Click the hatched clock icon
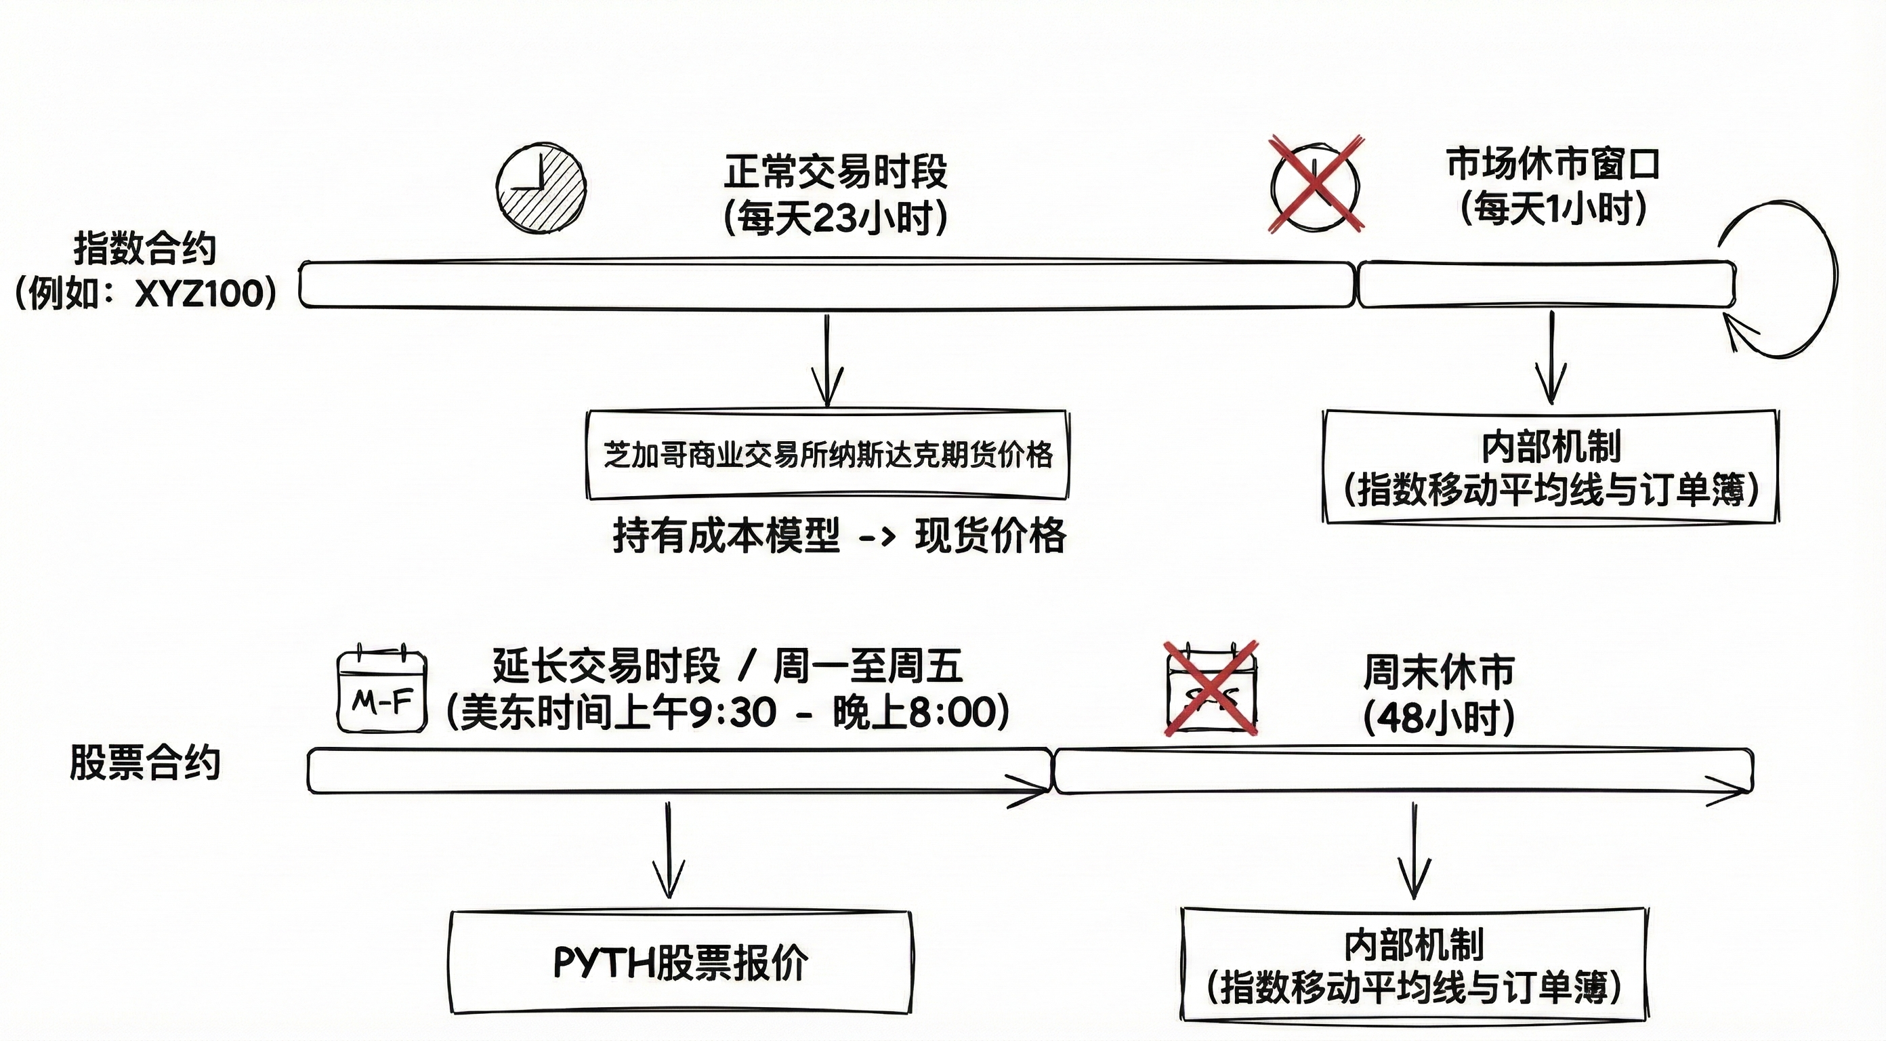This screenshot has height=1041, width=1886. pyautogui.click(x=541, y=188)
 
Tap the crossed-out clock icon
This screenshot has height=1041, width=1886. pyautogui.click(x=1315, y=184)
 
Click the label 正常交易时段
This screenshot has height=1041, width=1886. pyautogui.click(x=835, y=171)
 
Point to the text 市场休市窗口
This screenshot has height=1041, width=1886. pyautogui.click(x=1552, y=164)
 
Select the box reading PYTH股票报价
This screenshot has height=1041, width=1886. pyautogui.click(x=680, y=962)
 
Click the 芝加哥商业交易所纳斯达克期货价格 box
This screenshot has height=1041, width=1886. pyautogui.click(x=827, y=455)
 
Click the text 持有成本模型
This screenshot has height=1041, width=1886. pyautogui.click(x=726, y=535)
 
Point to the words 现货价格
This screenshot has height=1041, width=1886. pyautogui.click(x=990, y=535)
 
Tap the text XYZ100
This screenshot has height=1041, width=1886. pyautogui.click(x=198, y=293)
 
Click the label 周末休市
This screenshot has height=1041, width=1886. pyautogui.click(x=1438, y=672)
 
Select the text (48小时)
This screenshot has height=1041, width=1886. pyautogui.click(x=1438, y=718)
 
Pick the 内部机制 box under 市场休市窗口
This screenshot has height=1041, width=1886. pyautogui.click(x=1550, y=467)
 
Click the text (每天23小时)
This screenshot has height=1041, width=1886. pyautogui.click(x=835, y=218)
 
